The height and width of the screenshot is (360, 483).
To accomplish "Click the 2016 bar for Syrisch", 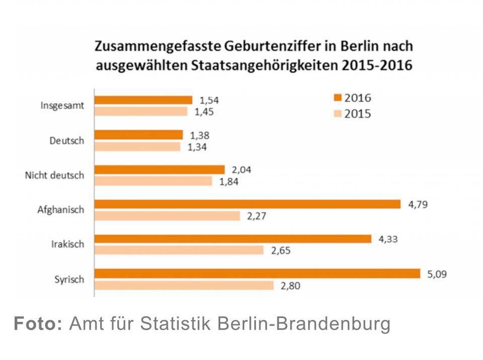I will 257,274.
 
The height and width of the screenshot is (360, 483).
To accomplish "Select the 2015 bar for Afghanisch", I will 168,216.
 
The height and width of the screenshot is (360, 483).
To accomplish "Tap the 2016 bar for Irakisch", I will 233,239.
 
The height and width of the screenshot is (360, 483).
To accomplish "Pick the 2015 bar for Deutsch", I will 137,147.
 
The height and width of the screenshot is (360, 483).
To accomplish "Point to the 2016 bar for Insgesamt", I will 143,100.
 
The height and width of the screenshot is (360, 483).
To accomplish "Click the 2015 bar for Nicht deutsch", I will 153,181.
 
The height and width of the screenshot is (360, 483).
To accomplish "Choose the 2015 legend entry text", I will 357,114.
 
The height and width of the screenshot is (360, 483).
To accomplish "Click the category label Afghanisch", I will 61,210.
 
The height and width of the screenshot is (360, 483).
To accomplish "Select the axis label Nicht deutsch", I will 54,175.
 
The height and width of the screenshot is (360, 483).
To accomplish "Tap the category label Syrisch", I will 68,280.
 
